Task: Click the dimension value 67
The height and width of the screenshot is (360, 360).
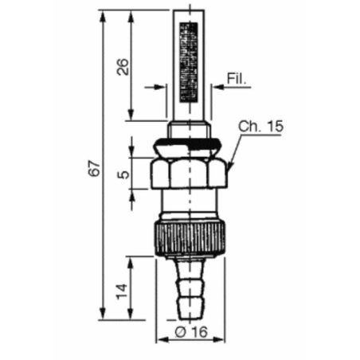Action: (95, 168)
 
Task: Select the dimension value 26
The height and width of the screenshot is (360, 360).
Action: (123, 67)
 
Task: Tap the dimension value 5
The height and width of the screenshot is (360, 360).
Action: (123, 174)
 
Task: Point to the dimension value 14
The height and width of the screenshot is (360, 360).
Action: (122, 292)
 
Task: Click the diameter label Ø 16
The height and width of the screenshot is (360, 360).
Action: (191, 332)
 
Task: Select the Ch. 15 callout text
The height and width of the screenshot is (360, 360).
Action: (260, 127)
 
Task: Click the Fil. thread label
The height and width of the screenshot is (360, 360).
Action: (237, 78)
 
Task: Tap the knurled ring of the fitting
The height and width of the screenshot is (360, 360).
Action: (190, 238)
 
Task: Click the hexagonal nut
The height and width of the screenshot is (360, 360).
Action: (189, 173)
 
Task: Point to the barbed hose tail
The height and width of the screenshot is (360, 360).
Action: (190, 289)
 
